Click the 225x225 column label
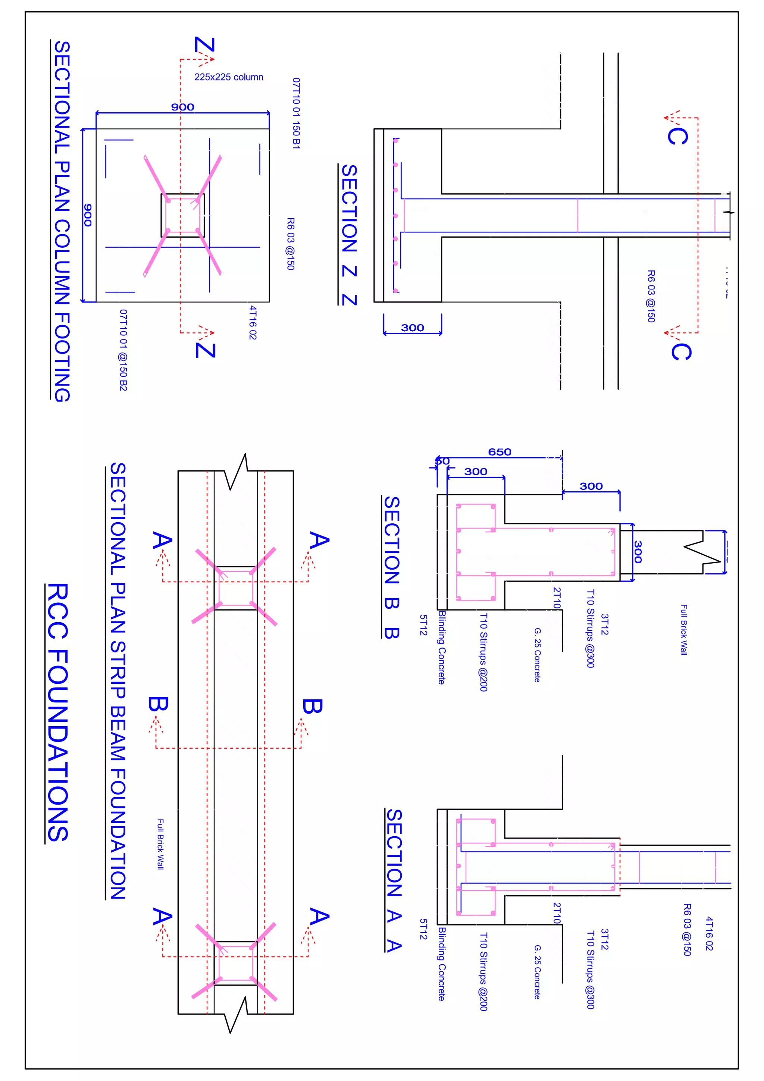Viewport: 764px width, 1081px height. coord(229,77)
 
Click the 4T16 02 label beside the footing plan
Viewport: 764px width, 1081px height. coord(253,323)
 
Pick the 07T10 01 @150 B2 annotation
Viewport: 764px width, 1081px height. coord(123,350)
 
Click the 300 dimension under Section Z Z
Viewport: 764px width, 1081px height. coord(412,328)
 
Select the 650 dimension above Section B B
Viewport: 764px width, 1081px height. coord(500,452)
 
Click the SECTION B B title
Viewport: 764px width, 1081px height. coord(392,567)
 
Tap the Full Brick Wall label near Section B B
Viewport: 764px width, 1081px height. coord(684,630)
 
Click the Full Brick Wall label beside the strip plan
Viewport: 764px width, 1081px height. coord(160,844)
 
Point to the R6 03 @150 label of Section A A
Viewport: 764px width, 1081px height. coord(687,929)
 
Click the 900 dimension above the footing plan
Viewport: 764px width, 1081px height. coord(183,107)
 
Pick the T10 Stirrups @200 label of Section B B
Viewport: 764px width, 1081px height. coord(483,652)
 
